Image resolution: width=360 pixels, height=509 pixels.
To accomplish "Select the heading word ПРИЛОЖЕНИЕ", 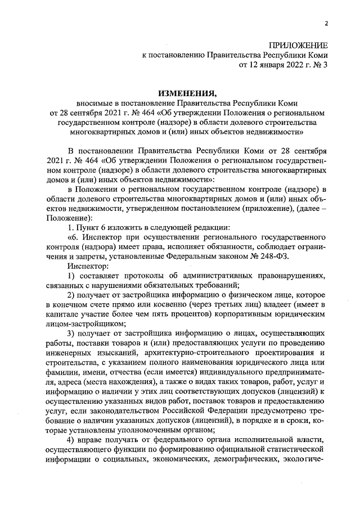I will click(298, 45).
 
